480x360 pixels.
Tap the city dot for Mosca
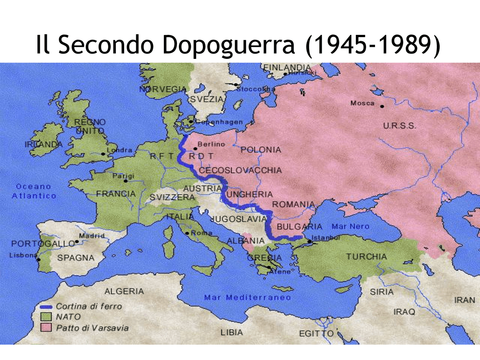[382, 106]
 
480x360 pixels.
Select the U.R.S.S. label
[399, 126]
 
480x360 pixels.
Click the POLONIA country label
[261, 150]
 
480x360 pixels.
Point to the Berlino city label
[211, 144]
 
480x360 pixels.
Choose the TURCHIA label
[366, 257]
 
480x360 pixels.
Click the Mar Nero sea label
[350, 226]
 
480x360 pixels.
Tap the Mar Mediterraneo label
[247, 298]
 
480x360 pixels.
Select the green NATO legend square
[46, 317]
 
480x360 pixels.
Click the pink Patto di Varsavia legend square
[46, 328]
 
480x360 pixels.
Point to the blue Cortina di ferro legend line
[46, 307]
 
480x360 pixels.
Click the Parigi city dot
[126, 181]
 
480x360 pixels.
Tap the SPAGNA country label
[76, 258]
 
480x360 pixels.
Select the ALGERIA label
[124, 291]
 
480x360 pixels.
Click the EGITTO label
[316, 334]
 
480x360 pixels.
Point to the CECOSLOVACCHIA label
[240, 171]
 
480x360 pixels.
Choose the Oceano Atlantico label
[34, 191]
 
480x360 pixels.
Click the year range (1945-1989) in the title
[373, 45]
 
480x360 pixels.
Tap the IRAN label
[464, 300]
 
